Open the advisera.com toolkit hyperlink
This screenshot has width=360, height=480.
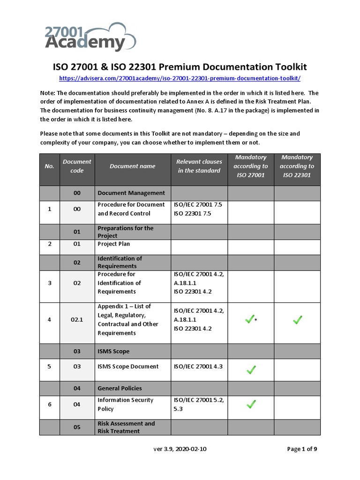tap(180, 78)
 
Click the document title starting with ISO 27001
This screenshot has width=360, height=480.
tap(180, 67)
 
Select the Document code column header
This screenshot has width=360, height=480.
tap(77, 166)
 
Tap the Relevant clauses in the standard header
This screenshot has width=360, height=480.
tap(199, 166)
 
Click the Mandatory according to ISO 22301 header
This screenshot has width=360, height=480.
tap(297, 166)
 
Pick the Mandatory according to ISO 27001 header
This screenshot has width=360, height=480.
tap(251, 166)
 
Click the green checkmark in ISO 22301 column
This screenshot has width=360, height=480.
tap(297, 320)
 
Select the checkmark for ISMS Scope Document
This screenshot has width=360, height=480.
tap(251, 370)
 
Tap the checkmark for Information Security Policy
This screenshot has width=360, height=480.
tap(251, 404)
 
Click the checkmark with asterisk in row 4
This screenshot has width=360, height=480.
tap(250, 320)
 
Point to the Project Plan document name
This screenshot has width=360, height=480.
tap(114, 244)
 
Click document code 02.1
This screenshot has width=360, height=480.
tap(77, 320)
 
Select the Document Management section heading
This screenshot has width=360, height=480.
tap(131, 193)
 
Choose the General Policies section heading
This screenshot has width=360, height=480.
tap(120, 388)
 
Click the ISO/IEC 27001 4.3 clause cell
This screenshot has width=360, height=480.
tap(199, 367)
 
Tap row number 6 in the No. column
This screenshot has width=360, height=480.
tap(49, 404)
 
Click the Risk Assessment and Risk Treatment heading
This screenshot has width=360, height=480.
tap(126, 427)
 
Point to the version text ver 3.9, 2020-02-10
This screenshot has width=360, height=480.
tap(180, 449)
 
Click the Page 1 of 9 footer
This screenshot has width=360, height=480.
tap(302, 449)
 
